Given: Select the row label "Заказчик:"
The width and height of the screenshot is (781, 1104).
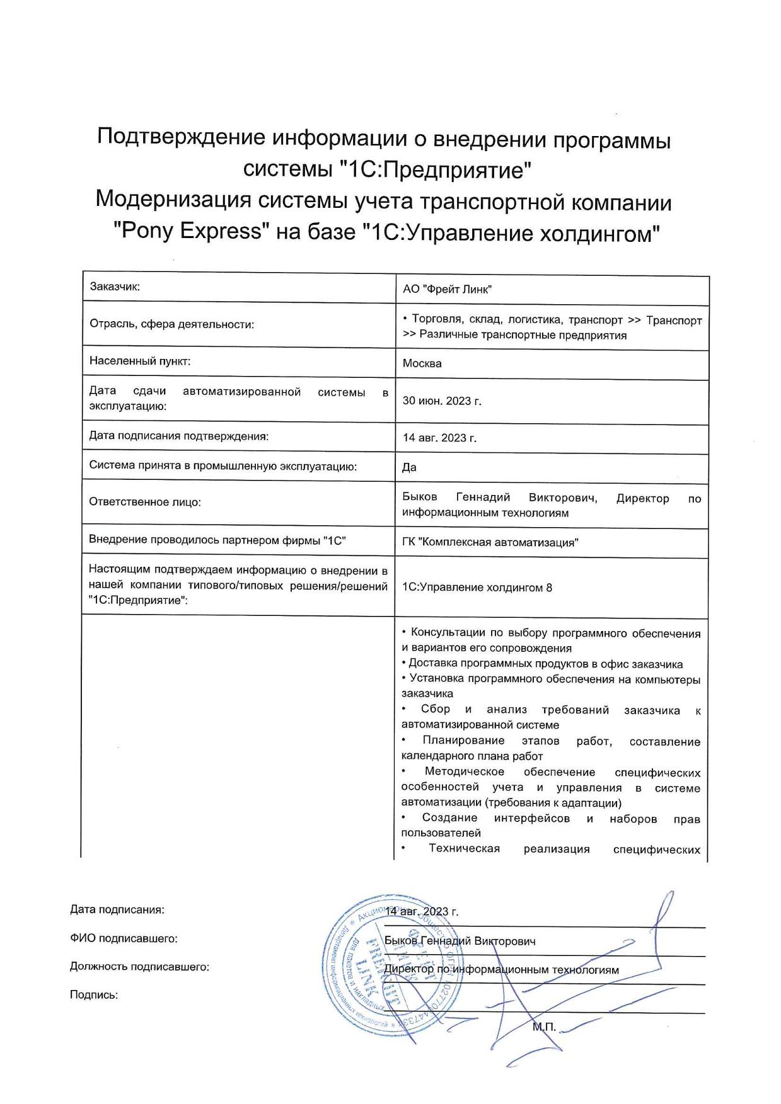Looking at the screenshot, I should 114,287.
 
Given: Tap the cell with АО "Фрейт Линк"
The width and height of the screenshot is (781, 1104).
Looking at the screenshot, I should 447,289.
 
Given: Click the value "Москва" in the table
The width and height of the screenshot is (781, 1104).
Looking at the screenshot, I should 422,363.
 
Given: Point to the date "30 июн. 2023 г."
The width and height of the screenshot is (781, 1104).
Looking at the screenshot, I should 441,401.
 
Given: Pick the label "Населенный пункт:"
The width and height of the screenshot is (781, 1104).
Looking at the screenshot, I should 139,361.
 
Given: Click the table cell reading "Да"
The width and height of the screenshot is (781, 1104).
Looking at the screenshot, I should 409,467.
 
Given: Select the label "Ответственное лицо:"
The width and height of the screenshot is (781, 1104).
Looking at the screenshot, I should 144,502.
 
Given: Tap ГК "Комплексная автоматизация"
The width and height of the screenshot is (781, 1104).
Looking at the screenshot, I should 490,542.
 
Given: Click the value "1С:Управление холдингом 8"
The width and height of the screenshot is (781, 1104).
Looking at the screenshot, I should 477,587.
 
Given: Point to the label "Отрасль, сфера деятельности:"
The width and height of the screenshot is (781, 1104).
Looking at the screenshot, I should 171,324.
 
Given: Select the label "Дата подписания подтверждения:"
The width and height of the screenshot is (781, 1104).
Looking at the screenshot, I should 178,435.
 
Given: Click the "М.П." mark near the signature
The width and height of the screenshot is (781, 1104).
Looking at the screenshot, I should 544,1027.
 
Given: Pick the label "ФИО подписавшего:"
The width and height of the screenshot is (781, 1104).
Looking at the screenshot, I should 124,938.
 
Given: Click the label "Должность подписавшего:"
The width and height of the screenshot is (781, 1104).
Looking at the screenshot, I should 139,967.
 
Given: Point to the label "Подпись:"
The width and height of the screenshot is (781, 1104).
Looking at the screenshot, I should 94,995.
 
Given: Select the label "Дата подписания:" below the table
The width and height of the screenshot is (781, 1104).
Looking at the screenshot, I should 117,909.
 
